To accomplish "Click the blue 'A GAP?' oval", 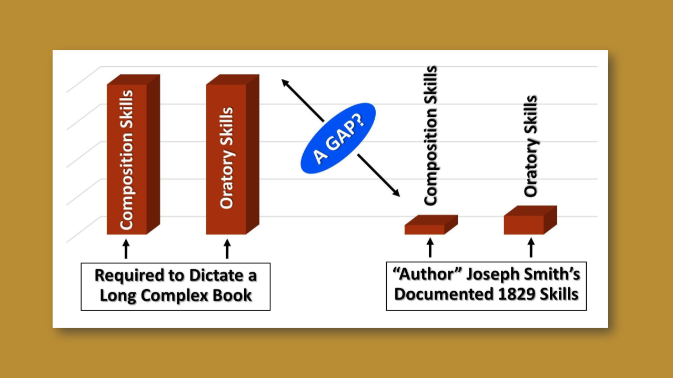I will (x=338, y=138).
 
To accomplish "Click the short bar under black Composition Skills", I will (x=425, y=229).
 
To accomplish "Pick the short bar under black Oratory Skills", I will (x=524, y=224).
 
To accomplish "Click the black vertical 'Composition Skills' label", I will (x=430, y=136).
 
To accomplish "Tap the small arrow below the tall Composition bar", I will (x=125, y=249).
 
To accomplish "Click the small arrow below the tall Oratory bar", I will (x=227, y=249).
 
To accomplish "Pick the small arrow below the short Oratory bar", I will (x=530, y=247).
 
